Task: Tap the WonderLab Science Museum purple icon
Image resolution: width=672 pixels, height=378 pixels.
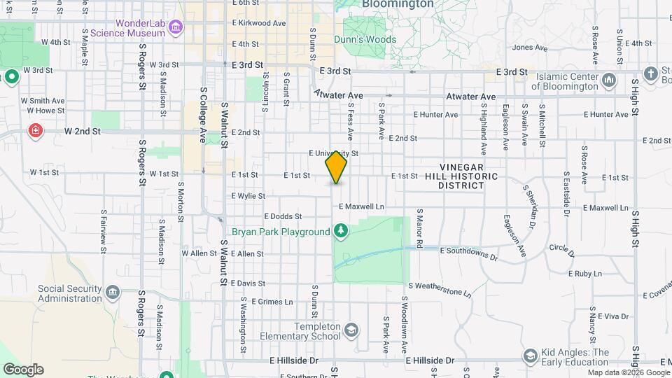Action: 176,27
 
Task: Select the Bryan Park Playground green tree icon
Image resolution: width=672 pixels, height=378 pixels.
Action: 341,231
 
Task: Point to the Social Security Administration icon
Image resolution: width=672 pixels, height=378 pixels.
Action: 113,293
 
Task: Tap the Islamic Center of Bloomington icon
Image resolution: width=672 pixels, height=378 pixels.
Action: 609,80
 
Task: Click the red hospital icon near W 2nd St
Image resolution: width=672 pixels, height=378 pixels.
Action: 35,131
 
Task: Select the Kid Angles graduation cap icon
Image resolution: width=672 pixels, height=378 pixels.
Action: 530,357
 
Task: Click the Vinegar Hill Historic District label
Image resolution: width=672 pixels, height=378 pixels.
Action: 469,176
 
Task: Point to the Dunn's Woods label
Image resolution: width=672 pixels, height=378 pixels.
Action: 365,40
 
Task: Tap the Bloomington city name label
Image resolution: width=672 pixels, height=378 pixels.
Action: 398,4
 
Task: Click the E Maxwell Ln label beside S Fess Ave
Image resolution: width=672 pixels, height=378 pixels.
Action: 362,207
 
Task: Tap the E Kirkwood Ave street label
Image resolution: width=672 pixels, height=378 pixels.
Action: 259,23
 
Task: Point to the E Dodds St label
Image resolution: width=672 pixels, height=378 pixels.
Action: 283,217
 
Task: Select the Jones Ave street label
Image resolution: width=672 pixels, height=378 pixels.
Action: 530,48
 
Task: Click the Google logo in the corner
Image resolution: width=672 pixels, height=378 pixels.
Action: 23,370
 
